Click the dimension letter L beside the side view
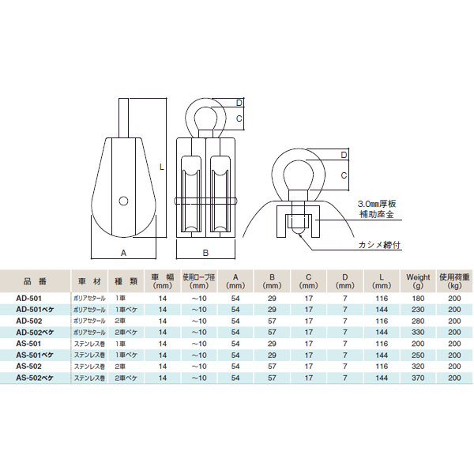click(162, 167)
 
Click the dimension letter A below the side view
click(123, 253)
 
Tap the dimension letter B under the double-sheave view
click(205, 253)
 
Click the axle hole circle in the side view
click(123, 201)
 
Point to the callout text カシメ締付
click(380, 245)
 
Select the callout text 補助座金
click(377, 214)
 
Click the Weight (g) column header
click(418, 281)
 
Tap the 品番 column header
click(35, 281)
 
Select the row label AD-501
click(28, 299)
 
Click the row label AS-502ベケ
click(35, 378)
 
